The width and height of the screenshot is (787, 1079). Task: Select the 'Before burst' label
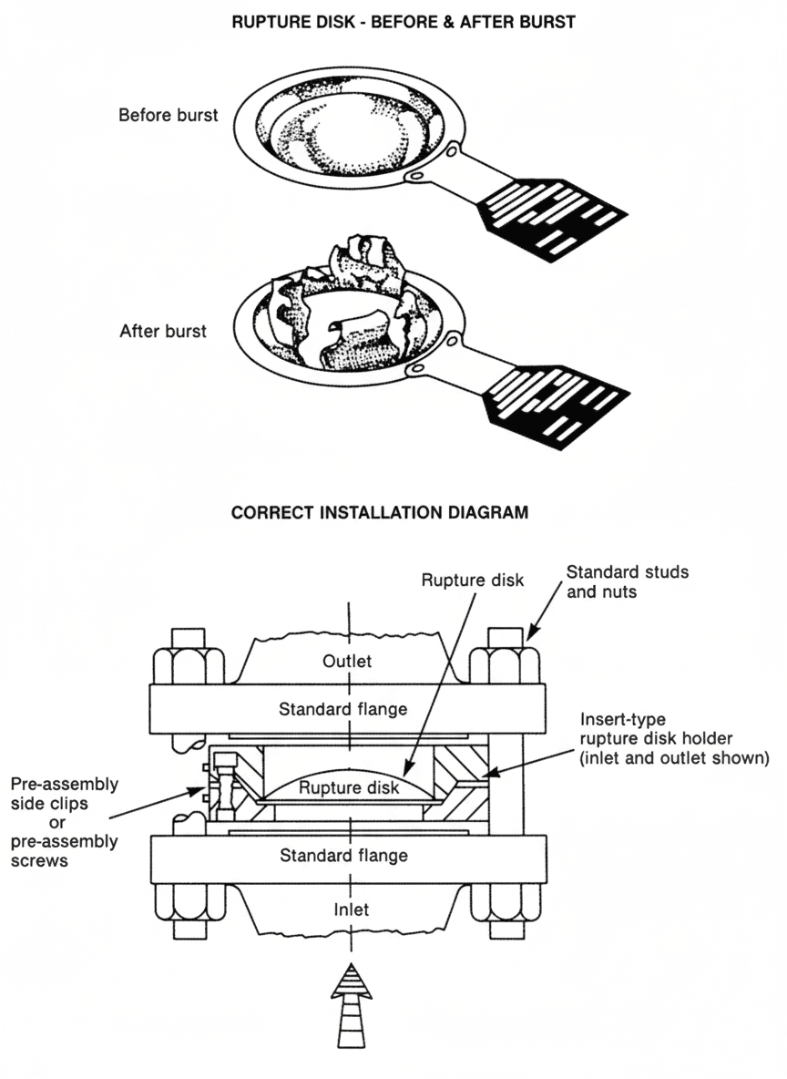click(x=168, y=116)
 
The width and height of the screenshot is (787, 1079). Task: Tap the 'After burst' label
click(x=163, y=331)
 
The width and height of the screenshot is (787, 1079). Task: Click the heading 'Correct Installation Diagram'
click(x=379, y=513)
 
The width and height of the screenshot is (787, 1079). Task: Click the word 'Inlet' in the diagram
click(x=351, y=909)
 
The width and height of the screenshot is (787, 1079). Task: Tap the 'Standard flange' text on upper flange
click(x=343, y=709)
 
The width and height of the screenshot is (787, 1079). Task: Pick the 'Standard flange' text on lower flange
click(x=343, y=856)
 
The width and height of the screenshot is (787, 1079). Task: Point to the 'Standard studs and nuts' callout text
click(x=628, y=582)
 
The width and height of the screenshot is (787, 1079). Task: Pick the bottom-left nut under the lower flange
click(x=189, y=901)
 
